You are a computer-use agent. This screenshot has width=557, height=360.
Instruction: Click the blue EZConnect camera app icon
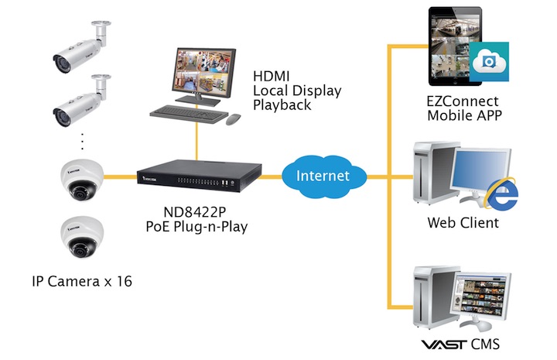tap(488, 60)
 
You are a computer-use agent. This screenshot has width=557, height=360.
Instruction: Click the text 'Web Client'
tap(463, 223)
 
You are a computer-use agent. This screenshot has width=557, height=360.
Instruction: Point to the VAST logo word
tap(442, 343)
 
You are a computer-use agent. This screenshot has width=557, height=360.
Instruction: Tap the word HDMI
tap(272, 77)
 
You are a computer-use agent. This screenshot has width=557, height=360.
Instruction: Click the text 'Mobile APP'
tap(463, 116)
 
